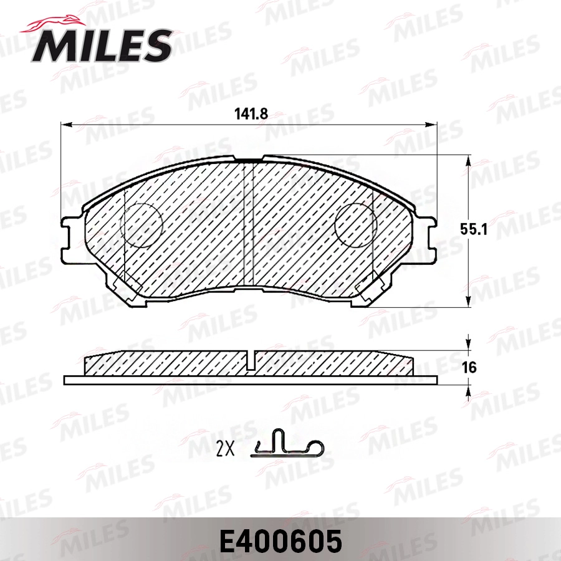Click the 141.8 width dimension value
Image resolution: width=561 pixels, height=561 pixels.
point(251,114)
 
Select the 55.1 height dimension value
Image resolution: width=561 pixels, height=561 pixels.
point(474,229)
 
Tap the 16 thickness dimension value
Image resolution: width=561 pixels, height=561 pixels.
point(469,367)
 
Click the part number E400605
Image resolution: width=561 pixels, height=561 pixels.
point(280,541)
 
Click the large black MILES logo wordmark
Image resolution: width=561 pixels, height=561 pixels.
point(102,46)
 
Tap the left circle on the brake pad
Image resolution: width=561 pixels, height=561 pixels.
point(141,226)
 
